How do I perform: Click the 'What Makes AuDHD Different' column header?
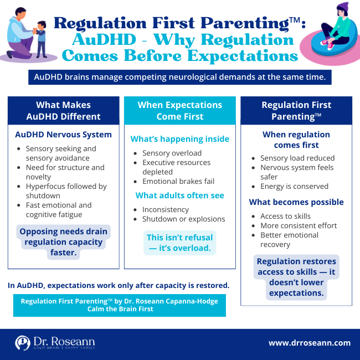tap(63, 110)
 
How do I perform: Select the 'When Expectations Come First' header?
tap(179, 110)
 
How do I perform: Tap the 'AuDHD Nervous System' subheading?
tap(63, 135)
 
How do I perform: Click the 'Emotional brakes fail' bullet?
tap(178, 181)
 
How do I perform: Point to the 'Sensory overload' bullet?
tap(172, 153)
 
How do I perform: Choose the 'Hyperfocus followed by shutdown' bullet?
tap(66, 191)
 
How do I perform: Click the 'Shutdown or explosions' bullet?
tap(183, 219)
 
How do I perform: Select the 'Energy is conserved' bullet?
tap(294, 186)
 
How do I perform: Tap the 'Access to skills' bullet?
tap(285, 216)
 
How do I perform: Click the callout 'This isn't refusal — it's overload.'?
tap(179, 243)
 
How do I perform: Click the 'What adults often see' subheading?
tap(179, 195)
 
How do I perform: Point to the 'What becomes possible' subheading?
tap(296, 202)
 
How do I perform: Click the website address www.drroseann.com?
tap(309, 343)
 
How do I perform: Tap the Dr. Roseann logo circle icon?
tap(23, 343)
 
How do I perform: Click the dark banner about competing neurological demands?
tap(179, 77)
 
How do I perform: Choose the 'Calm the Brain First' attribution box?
tap(119, 305)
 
